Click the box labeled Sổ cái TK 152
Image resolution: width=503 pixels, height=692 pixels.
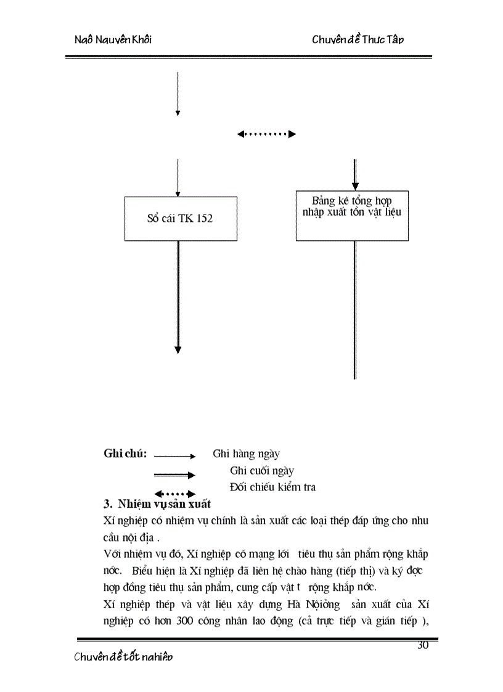(x=181, y=219)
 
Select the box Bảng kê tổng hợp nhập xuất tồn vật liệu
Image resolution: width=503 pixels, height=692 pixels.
(x=352, y=215)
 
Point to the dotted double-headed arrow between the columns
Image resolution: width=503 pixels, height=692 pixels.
(x=266, y=134)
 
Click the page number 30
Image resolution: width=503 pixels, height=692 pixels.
(x=423, y=645)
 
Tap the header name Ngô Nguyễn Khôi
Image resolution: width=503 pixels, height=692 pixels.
(x=113, y=40)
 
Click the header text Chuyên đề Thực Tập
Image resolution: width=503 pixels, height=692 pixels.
(x=358, y=40)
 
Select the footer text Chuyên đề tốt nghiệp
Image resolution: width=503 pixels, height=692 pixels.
(x=123, y=657)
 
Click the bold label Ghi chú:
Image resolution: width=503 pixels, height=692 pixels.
(x=125, y=454)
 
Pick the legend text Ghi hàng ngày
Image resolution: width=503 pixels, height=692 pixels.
(x=246, y=454)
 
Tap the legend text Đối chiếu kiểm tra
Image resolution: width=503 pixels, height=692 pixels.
(x=272, y=487)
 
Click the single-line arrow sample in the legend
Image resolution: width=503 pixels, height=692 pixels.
(x=174, y=457)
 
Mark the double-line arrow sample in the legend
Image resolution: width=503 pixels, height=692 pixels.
(x=174, y=474)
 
